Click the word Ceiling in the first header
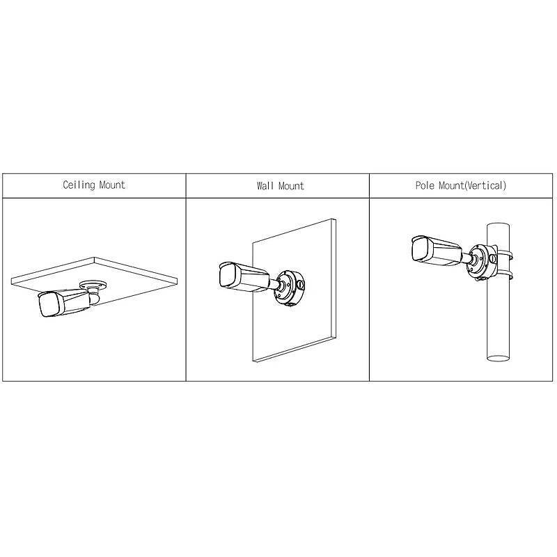tap(79, 185)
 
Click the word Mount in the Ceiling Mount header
tap(111, 185)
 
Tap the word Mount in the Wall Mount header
tap(292, 186)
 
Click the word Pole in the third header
tap(425, 186)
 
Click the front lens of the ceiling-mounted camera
tap(47, 304)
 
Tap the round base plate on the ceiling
tap(93, 283)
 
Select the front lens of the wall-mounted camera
tap(228, 274)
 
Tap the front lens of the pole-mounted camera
tap(419, 248)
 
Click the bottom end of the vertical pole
tap(499, 357)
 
